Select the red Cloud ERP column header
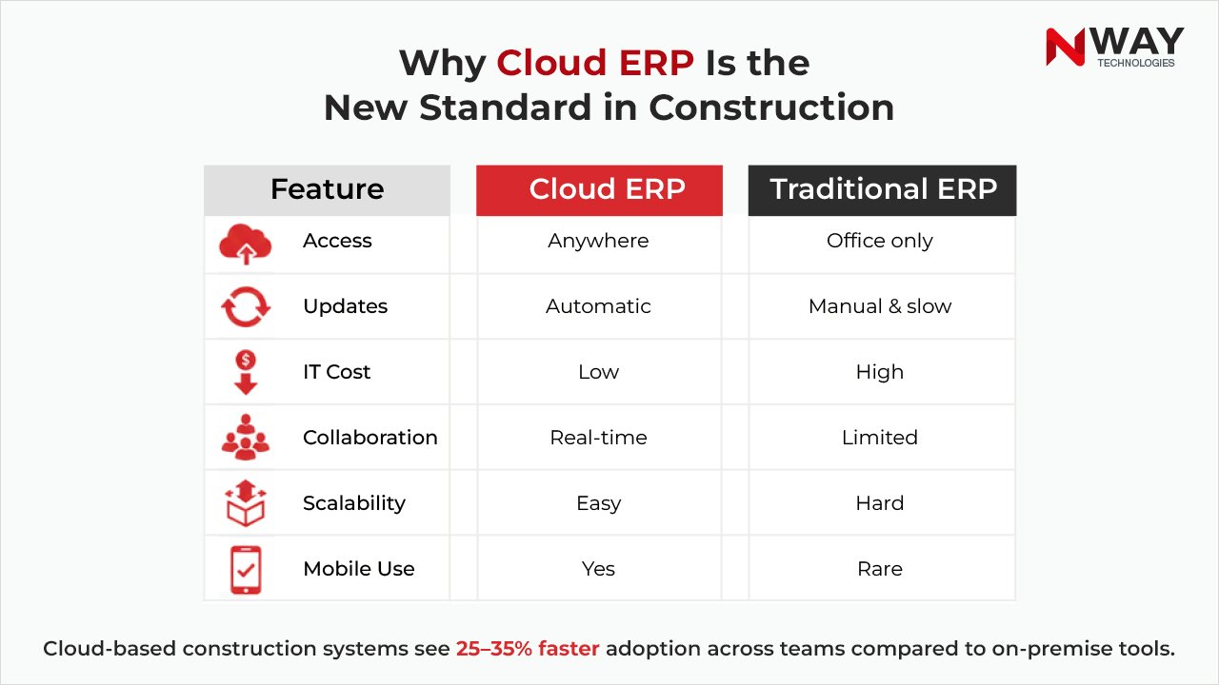tap(599, 189)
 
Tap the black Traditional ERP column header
tap(882, 189)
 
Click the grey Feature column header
tap(327, 189)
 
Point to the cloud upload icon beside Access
tap(246, 243)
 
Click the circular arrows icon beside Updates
tap(246, 307)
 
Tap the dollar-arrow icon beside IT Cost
tap(246, 372)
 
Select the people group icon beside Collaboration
tap(246, 438)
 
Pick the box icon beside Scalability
tap(246, 503)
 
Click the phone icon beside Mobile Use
tap(246, 569)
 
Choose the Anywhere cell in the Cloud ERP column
tap(598, 242)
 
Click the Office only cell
tap(880, 242)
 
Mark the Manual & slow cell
tap(880, 306)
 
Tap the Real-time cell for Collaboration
tap(598, 438)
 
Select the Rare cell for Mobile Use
tap(880, 569)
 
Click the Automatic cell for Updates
tap(598, 306)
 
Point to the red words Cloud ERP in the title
tap(595, 63)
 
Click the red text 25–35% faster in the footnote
tap(528, 649)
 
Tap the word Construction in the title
tap(771, 108)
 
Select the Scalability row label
tap(354, 503)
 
